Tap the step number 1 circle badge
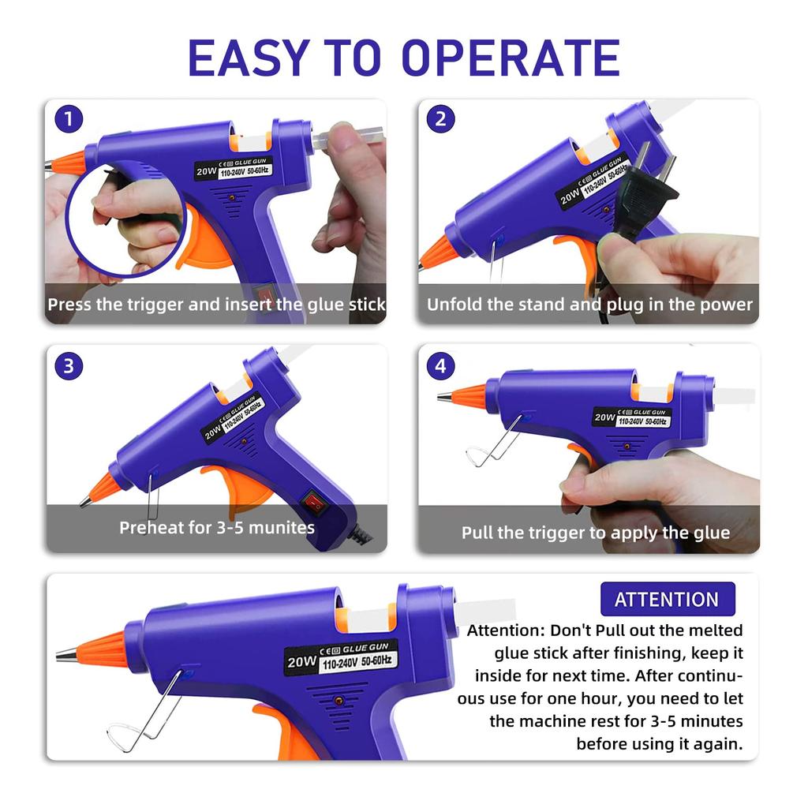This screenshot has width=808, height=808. tap(69, 120)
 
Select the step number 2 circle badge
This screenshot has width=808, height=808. tap(440, 120)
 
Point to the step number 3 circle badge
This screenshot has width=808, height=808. tap(69, 365)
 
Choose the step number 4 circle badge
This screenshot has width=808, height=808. tap(440, 365)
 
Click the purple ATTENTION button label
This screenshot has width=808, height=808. tap(667, 599)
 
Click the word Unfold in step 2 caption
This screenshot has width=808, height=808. tap(454, 305)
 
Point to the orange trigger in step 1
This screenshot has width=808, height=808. tap(202, 241)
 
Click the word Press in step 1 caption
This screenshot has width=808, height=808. tap(69, 305)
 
